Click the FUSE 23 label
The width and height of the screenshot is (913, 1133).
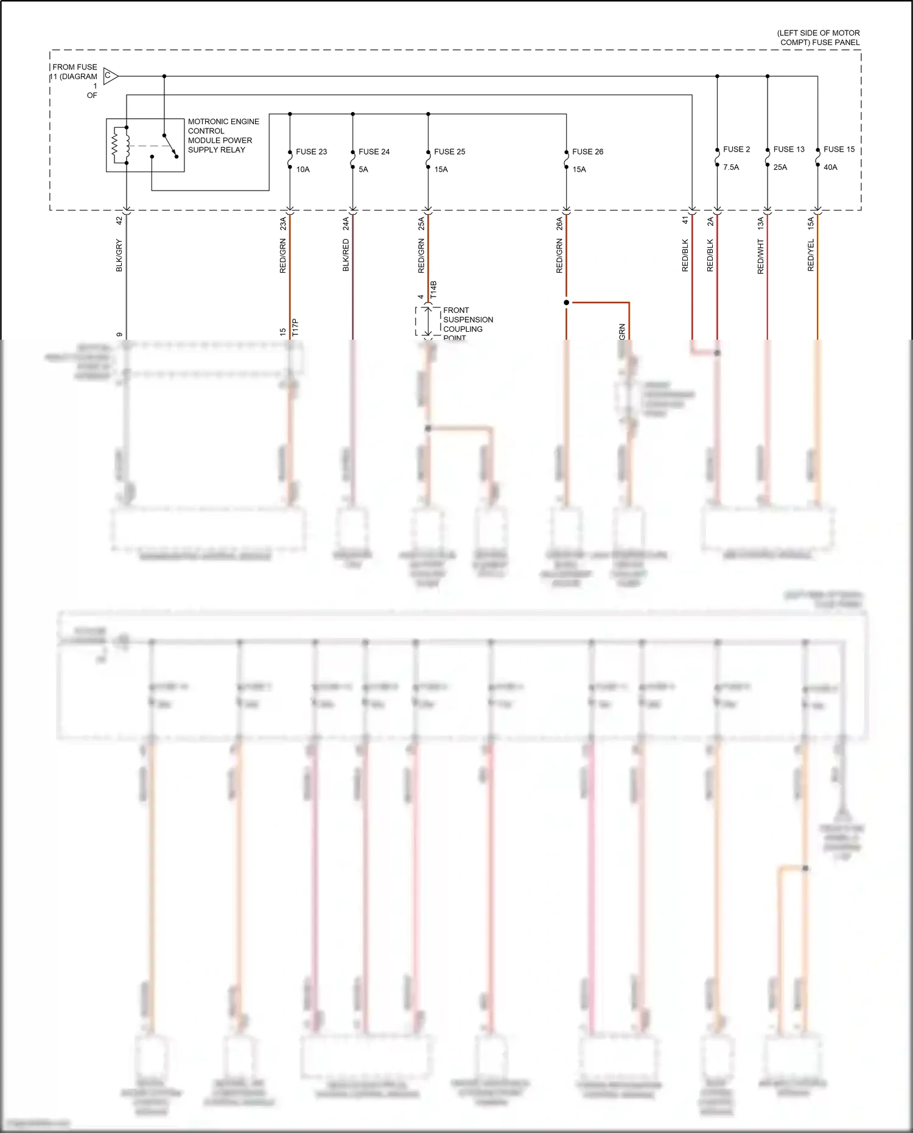point(311,152)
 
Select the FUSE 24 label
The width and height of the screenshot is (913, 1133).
point(374,152)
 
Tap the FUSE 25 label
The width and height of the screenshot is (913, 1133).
point(449,152)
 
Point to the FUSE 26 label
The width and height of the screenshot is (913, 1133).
point(587,152)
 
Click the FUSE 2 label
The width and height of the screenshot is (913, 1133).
point(736,149)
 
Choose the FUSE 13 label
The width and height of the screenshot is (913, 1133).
point(789,149)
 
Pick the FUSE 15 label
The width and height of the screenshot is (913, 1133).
point(839,149)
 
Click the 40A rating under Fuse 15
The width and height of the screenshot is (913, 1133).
point(830,167)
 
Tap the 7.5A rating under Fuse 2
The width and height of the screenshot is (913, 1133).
point(731,167)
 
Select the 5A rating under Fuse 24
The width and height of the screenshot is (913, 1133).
point(363,170)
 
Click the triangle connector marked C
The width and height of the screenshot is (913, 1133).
point(110,76)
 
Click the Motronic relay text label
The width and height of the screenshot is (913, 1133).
point(223,136)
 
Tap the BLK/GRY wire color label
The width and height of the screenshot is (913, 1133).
point(119,256)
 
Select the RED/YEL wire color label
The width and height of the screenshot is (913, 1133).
point(811,256)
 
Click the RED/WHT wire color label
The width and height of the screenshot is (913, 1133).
point(760,256)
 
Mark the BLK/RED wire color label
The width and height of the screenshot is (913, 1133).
point(346,255)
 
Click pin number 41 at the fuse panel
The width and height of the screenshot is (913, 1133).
point(685,220)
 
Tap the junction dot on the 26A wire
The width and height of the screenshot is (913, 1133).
point(567,303)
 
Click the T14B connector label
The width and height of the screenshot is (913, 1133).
point(433,289)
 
